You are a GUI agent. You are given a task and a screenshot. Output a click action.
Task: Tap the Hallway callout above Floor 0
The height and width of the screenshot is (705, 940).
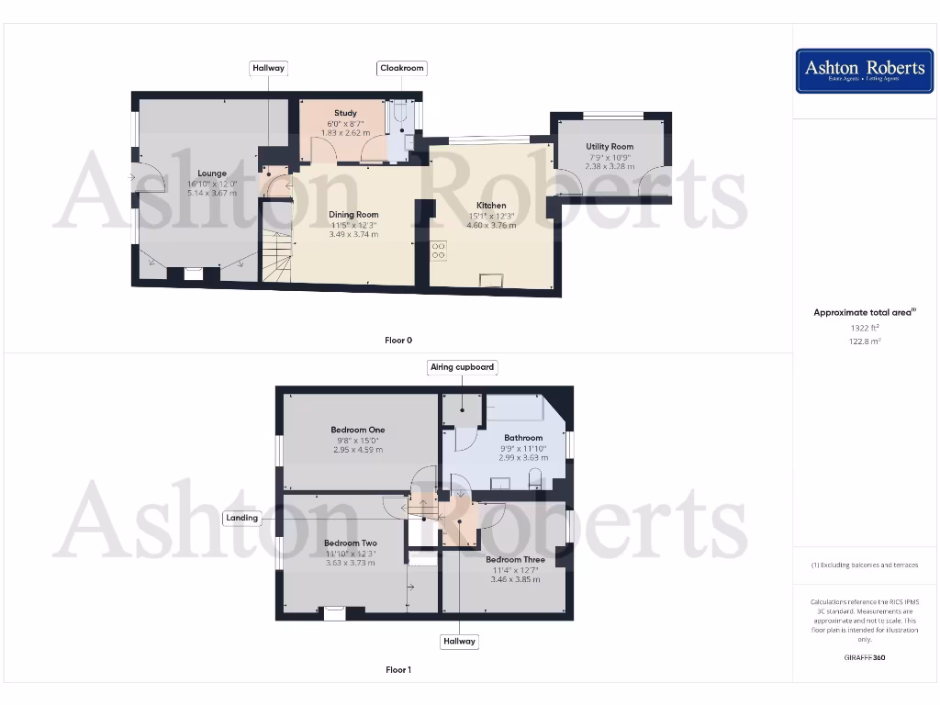269,68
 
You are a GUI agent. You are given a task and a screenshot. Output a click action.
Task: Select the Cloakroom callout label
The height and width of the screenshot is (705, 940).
402,68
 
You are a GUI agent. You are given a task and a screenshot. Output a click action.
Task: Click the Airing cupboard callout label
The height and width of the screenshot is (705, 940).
463,367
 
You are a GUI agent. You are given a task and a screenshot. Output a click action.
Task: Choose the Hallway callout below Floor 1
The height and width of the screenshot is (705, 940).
458,641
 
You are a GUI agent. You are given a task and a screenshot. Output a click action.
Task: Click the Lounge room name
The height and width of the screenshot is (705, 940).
212,173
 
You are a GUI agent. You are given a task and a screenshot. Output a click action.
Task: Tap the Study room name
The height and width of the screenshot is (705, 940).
345,113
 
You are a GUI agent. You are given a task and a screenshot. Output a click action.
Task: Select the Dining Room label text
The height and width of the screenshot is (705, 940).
353,215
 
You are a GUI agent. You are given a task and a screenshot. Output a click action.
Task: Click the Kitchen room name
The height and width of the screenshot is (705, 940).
491,206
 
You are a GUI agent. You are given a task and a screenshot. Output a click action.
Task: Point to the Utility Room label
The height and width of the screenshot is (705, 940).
610,147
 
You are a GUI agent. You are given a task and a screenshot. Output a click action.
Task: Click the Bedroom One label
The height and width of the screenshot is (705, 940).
358,430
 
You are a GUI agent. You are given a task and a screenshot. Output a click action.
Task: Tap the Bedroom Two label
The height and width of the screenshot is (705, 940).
350,543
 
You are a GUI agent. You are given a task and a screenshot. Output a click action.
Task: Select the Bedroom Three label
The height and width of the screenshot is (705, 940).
515,560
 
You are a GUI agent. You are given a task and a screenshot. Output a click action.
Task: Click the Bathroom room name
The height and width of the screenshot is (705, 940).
523,438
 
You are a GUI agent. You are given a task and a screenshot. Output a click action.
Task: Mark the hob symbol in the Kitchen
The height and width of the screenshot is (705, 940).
439,250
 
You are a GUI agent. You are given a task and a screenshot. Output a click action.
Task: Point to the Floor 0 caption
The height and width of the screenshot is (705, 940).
397,341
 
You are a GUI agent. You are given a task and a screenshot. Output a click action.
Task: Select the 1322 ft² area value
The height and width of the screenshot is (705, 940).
864,328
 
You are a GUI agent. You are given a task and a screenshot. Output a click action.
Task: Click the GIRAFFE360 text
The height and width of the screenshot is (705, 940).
864,657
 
